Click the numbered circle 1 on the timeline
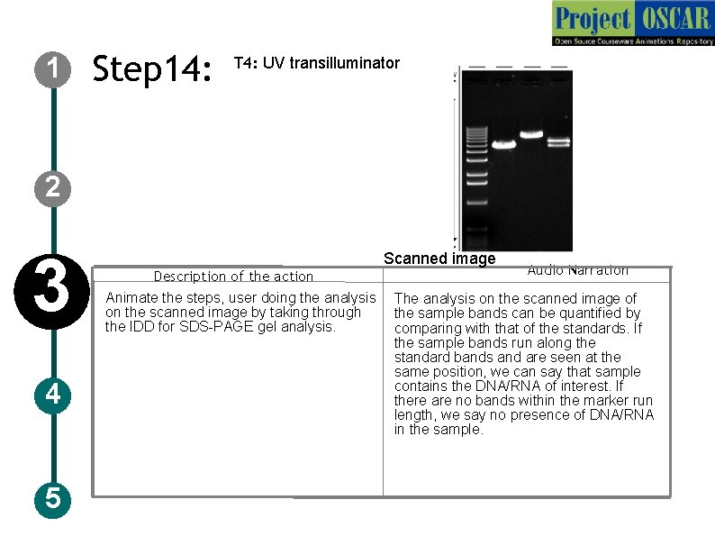(53, 68)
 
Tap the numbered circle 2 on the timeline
(53, 187)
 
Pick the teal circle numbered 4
(53, 394)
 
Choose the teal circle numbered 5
(53, 497)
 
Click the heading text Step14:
(152, 68)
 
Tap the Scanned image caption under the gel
(439, 259)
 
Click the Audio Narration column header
(577, 269)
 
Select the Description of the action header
(233, 277)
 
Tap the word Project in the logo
(592, 18)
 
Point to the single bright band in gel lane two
(503, 144)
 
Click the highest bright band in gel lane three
(531, 134)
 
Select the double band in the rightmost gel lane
(559, 141)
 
